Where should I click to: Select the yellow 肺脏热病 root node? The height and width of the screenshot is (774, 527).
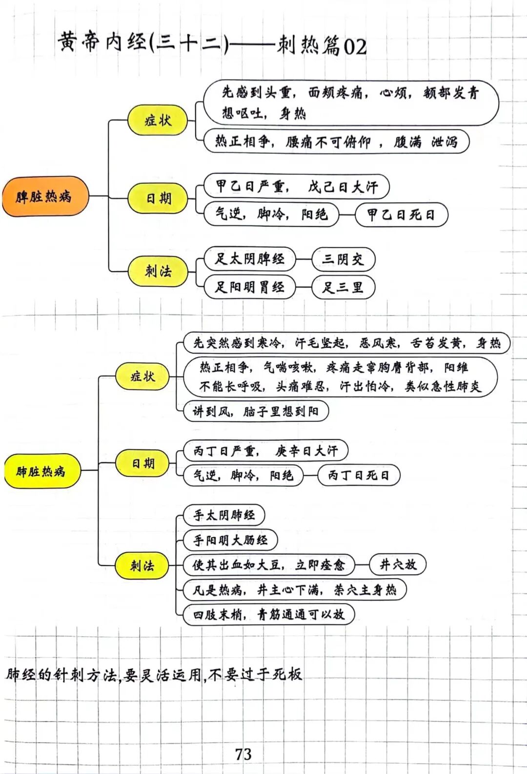(41, 471)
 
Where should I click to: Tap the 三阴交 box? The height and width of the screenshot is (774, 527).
(343, 259)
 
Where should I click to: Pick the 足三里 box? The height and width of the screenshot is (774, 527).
(343, 287)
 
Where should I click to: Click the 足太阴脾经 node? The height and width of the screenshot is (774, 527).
(249, 259)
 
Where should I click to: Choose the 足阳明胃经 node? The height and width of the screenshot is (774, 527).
(249, 287)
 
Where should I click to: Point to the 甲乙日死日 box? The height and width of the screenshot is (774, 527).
(401, 214)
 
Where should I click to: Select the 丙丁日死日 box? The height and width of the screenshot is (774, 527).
(359, 475)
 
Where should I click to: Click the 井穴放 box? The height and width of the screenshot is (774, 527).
(398, 565)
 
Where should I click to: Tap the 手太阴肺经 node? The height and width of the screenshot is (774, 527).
(224, 515)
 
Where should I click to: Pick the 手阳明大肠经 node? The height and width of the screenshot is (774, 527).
(230, 540)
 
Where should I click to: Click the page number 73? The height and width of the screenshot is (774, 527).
(243, 754)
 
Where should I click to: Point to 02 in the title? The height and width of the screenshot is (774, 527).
(355, 47)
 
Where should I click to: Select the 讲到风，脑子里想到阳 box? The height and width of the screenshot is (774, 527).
(255, 411)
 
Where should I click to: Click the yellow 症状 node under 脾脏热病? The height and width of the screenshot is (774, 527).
(158, 120)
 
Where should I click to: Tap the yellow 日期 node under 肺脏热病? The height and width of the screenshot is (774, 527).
(142, 463)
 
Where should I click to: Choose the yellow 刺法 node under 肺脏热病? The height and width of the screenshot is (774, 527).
(142, 566)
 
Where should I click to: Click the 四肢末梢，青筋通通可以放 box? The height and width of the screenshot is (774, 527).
(268, 614)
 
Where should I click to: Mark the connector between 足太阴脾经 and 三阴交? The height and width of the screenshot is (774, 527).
(304, 259)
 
